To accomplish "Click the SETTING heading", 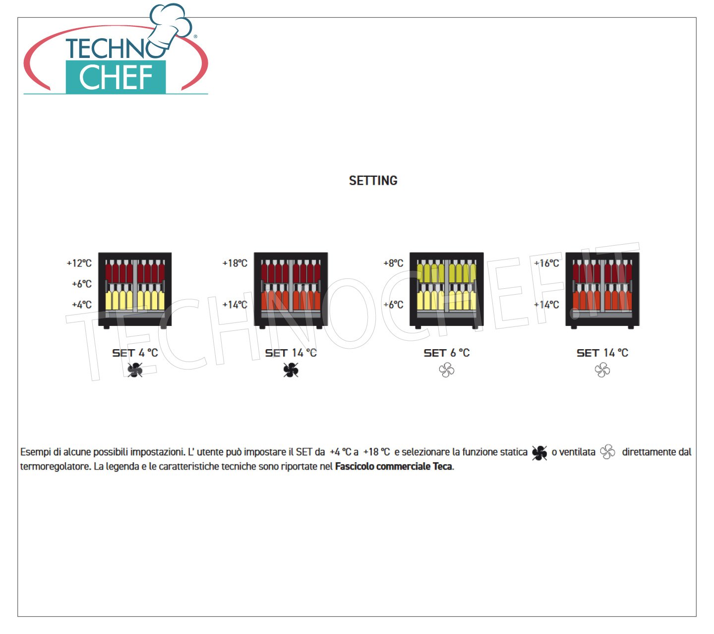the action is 373,181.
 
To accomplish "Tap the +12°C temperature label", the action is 79,263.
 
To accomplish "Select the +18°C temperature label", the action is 235,263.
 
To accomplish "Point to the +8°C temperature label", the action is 393,263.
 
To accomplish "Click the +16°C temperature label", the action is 546,263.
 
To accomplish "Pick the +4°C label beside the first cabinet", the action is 82,305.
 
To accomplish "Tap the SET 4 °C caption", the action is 135,353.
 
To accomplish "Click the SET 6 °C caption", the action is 447,353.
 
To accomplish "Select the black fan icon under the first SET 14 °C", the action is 291,370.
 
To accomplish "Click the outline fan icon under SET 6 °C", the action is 447,370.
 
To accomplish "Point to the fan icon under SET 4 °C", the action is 135,370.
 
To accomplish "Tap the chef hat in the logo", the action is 171,25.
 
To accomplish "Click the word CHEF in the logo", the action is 116,77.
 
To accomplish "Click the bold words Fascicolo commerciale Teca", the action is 393,467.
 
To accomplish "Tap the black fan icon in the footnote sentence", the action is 539,453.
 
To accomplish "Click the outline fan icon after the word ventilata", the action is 607,452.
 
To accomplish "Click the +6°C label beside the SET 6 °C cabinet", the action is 393,305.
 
